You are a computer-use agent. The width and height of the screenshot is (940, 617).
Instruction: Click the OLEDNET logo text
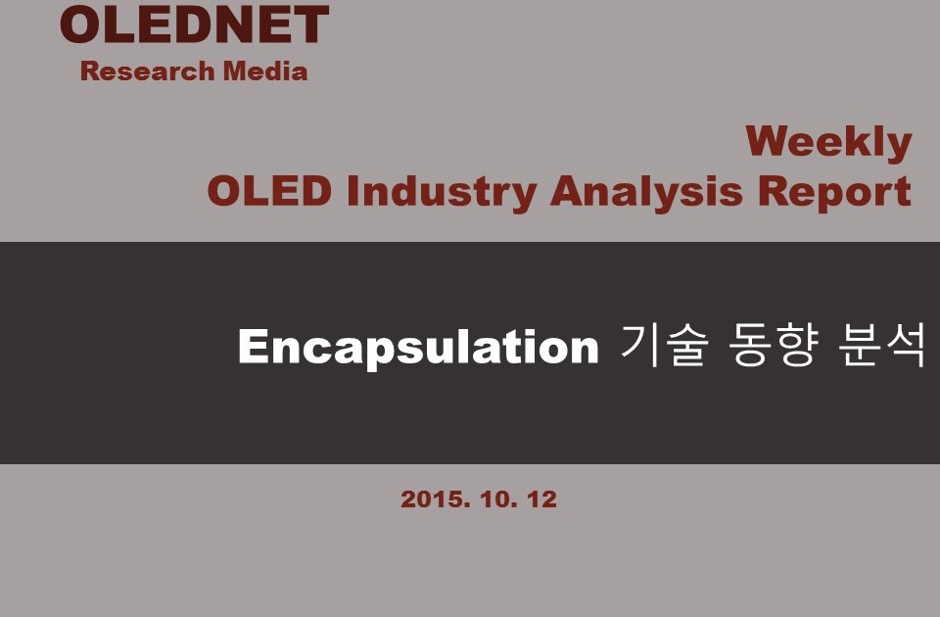click(x=194, y=24)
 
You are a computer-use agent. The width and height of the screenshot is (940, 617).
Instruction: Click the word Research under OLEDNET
click(x=148, y=71)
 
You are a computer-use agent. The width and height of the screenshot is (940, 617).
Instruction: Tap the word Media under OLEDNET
click(x=265, y=71)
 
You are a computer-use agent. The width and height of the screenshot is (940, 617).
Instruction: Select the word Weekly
click(x=829, y=143)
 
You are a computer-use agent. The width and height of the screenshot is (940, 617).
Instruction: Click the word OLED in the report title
click(x=269, y=191)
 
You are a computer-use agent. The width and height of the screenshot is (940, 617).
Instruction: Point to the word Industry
click(x=442, y=193)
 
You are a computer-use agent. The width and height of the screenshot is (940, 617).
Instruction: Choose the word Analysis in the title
click(x=646, y=193)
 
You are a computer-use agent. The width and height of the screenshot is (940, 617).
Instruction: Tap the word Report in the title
click(x=834, y=193)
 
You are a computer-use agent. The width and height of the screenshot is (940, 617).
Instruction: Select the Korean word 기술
click(x=664, y=345)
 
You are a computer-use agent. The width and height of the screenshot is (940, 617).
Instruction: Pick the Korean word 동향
click(x=773, y=345)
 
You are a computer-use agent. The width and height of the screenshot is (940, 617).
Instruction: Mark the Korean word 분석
click(x=881, y=345)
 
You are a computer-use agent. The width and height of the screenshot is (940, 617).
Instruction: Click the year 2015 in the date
click(x=436, y=499)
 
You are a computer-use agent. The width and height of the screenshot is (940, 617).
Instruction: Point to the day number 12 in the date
click(x=541, y=499)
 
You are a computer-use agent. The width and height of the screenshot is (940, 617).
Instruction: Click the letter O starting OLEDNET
click(x=80, y=24)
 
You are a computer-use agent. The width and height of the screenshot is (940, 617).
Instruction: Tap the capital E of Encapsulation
click(x=253, y=346)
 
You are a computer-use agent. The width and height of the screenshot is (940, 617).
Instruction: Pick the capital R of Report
click(x=774, y=191)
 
